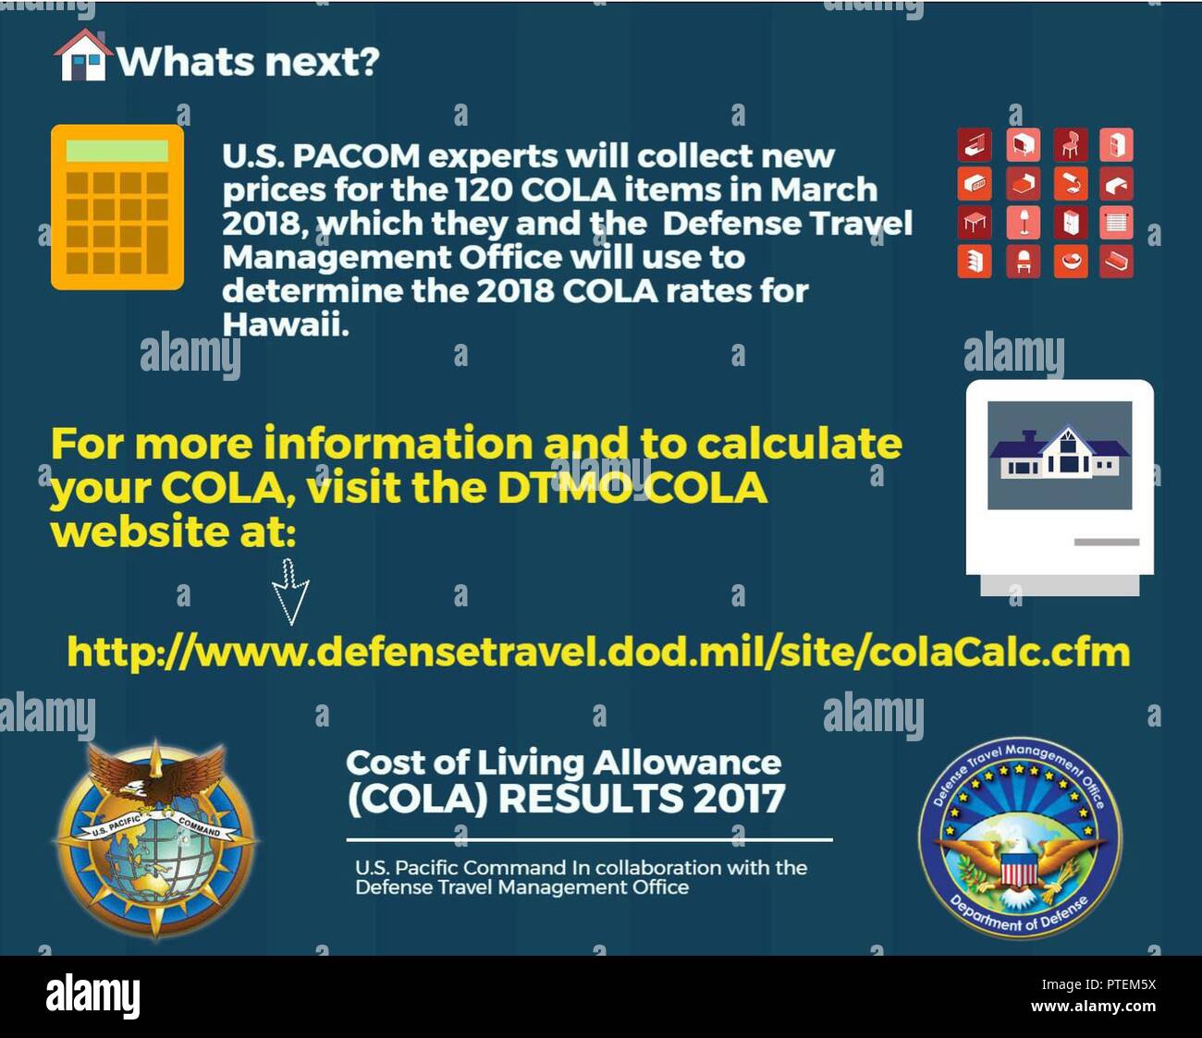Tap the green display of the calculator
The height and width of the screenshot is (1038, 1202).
pos(117,151)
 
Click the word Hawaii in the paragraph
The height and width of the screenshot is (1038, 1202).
pos(286,324)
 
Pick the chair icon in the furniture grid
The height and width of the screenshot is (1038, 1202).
pos(1071,145)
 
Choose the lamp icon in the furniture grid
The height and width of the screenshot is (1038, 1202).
pos(1024,223)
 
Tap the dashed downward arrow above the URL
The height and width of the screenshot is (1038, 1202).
pos(290,592)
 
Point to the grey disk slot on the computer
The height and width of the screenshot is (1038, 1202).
pos(1106,543)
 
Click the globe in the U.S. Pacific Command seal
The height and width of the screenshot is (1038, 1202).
pos(156,867)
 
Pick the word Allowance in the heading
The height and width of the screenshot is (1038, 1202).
pos(687,763)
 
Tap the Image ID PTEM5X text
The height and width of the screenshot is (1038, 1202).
pos(1098,984)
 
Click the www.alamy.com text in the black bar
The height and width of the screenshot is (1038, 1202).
pos(1093,1006)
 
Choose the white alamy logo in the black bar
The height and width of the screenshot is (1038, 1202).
pos(93,995)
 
